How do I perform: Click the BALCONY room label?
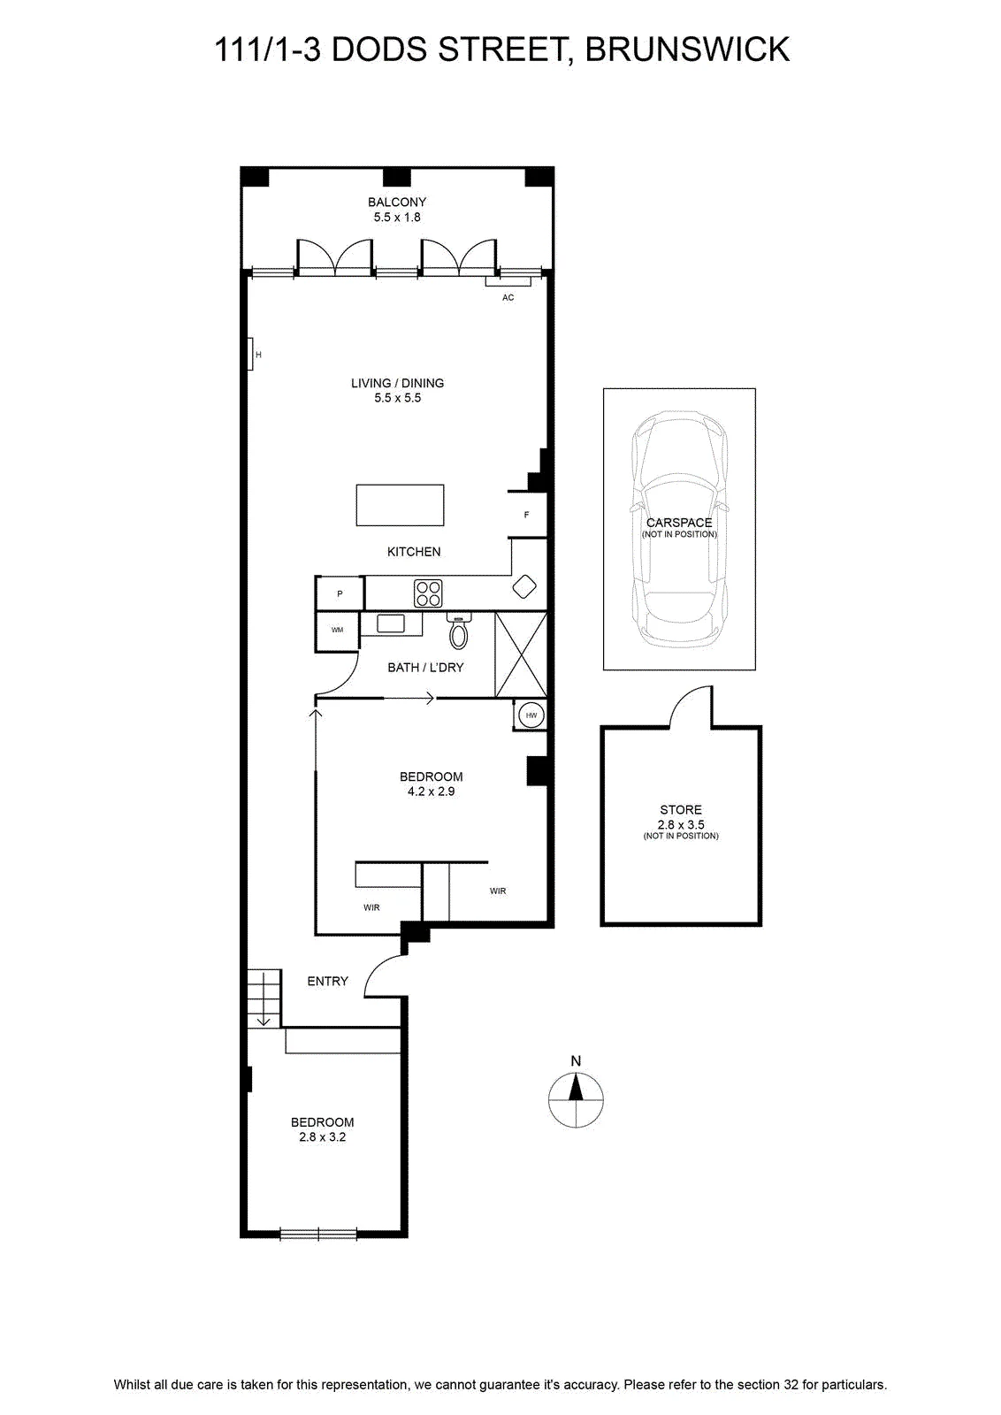coord(397,203)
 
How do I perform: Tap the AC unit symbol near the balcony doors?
coord(508,282)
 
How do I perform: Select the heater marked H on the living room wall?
coord(250,354)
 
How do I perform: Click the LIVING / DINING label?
coord(397,383)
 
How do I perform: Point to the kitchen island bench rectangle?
coord(400,505)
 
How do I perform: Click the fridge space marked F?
coord(527,515)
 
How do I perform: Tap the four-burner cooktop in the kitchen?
coord(428,593)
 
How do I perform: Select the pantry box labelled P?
coord(340,593)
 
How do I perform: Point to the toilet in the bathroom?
coord(459,631)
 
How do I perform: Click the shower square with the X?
coord(521,654)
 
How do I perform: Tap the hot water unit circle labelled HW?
coord(531,715)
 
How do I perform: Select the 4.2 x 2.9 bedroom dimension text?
coord(432,792)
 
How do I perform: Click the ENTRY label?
coord(328,981)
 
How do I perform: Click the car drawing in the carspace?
coord(679,530)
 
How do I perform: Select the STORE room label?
coord(681,810)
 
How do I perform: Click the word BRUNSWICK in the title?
coord(687,50)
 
